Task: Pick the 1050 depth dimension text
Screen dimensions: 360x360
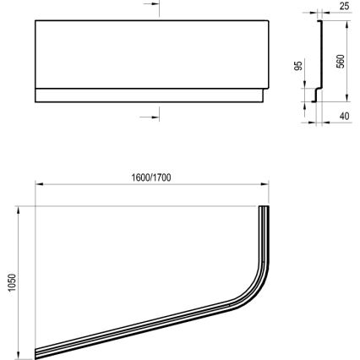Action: (x=9, y=279)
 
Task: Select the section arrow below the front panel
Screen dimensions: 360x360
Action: (x=152, y=114)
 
